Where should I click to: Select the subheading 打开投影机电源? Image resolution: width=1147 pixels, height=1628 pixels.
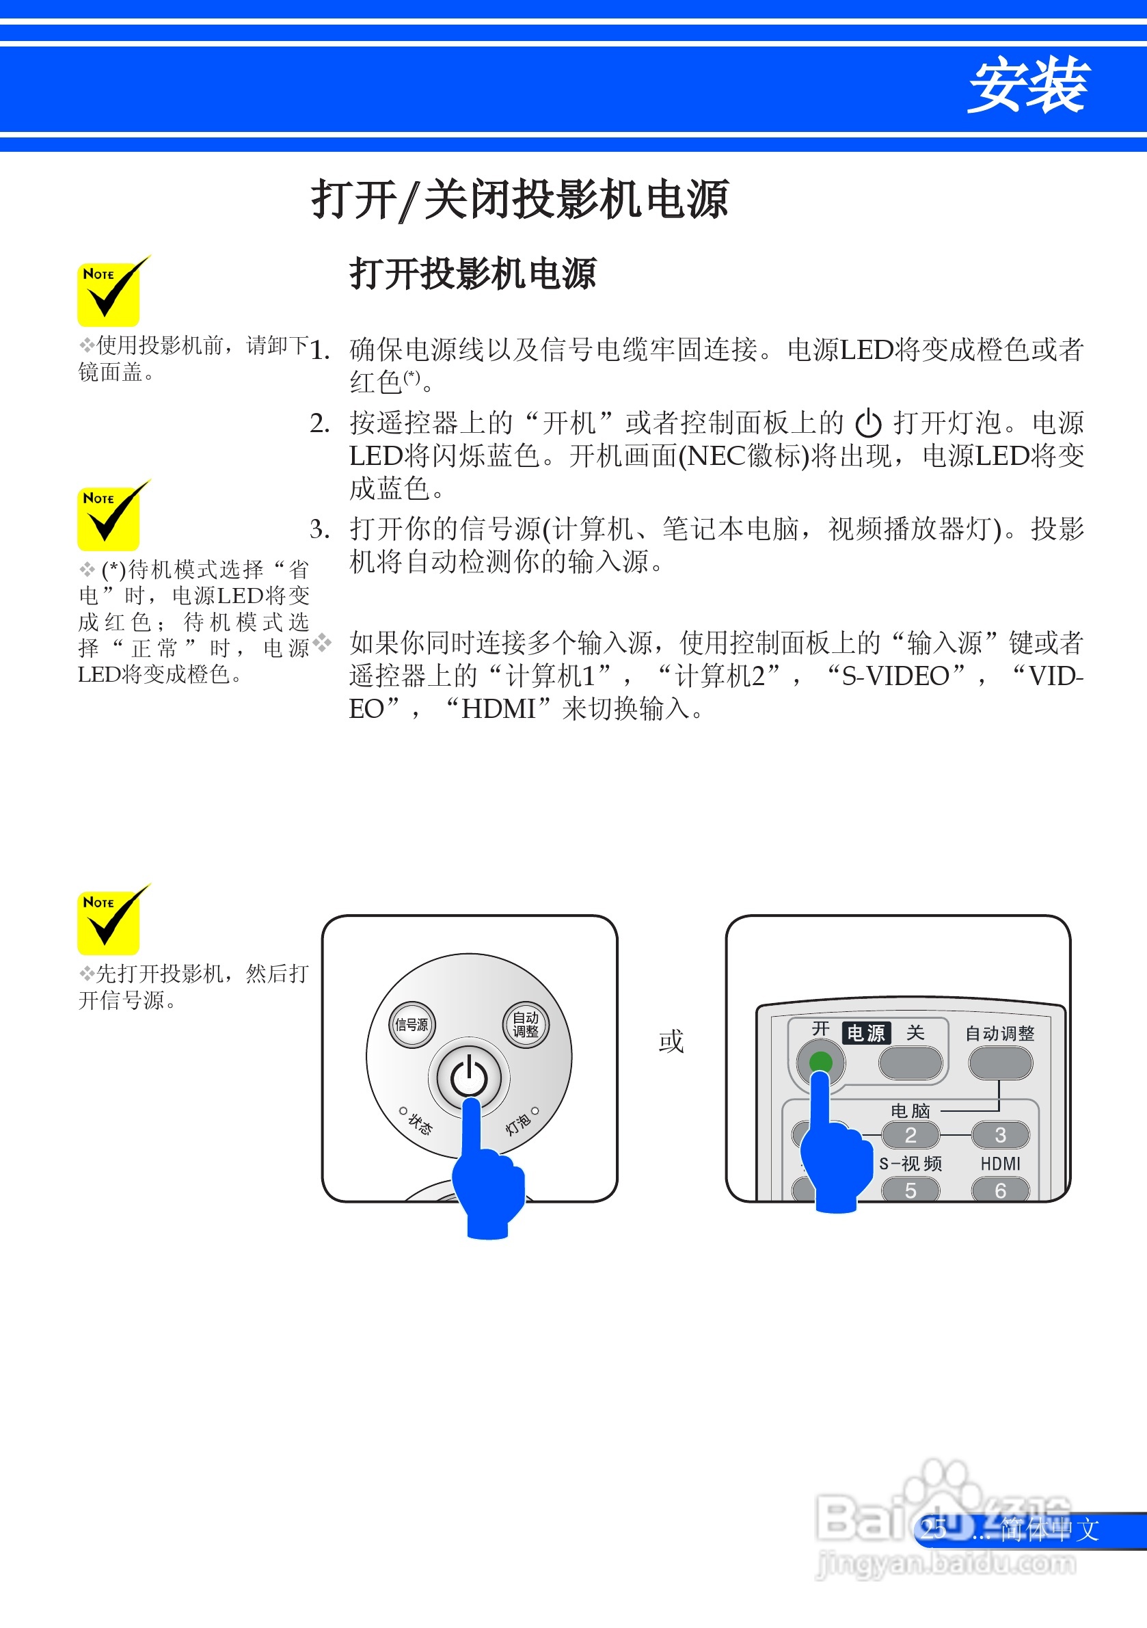(473, 273)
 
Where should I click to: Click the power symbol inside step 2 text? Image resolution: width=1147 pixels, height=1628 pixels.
(867, 424)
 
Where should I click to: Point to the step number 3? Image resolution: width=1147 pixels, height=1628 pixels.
(319, 529)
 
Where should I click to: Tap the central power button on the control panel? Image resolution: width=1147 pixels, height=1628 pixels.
(469, 1077)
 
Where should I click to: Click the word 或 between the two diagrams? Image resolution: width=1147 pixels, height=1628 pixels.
(671, 1041)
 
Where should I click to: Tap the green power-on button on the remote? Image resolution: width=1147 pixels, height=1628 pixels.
(820, 1061)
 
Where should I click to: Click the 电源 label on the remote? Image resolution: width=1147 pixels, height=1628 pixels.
(866, 1033)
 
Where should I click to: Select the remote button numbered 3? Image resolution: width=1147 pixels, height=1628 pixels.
(999, 1135)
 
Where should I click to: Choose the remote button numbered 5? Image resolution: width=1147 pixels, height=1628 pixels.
(910, 1190)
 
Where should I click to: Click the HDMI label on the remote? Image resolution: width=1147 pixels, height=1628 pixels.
(1000, 1164)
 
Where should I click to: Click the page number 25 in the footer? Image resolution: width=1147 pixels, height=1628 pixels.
(934, 1530)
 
